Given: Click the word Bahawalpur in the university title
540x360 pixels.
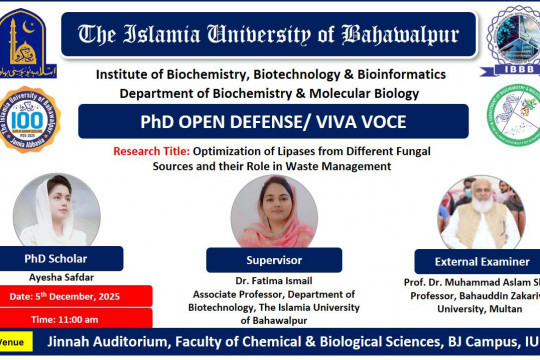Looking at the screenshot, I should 401,35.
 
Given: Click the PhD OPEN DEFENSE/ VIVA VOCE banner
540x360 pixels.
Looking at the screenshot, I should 272,122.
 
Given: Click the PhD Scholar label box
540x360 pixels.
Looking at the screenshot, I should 67,258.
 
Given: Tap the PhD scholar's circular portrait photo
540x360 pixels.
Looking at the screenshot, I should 56,209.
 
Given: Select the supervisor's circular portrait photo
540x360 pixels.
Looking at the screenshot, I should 273,210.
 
